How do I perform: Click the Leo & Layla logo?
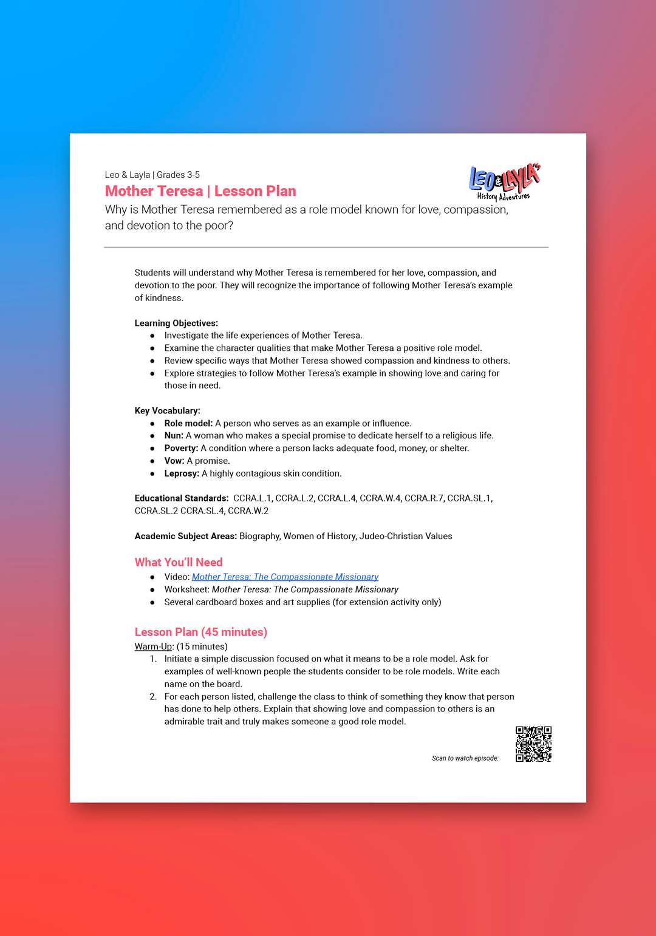pyautogui.click(x=504, y=181)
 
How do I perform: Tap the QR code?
pyautogui.click(x=533, y=744)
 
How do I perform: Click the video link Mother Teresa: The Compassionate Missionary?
pyautogui.click(x=285, y=577)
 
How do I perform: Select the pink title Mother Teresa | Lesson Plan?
pyautogui.click(x=200, y=191)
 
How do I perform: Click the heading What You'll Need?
pyautogui.click(x=179, y=562)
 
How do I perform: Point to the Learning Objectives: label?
pyautogui.click(x=176, y=323)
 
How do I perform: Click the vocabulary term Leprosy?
pyautogui.click(x=182, y=473)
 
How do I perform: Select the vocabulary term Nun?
pyautogui.click(x=174, y=435)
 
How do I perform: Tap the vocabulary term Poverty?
pyautogui.click(x=181, y=448)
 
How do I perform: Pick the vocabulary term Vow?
pyautogui.click(x=174, y=461)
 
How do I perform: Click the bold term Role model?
pyautogui.click(x=188, y=423)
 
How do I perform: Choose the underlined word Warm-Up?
pyautogui.click(x=154, y=646)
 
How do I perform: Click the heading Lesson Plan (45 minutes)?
pyautogui.click(x=201, y=632)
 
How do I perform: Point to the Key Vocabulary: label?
pyautogui.click(x=168, y=410)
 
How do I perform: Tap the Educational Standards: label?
pyautogui.click(x=182, y=498)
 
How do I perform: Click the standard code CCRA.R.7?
pyautogui.click(x=423, y=498)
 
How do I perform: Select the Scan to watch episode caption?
pyautogui.click(x=465, y=758)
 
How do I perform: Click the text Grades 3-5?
pyautogui.click(x=178, y=175)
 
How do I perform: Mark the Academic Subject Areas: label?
pyautogui.click(x=186, y=536)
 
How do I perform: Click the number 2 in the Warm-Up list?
pyautogui.click(x=153, y=696)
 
